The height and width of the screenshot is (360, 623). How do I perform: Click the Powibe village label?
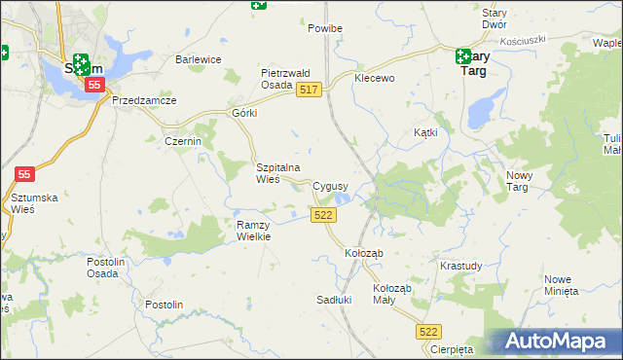[x=325, y=29]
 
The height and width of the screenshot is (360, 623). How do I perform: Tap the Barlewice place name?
[x=199, y=59]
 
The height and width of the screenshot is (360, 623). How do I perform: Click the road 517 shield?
[x=310, y=90]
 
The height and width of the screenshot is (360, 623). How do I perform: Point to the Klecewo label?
[x=375, y=78]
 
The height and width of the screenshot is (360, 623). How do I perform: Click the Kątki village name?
[x=425, y=131]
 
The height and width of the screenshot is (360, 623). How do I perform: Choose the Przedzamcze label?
[x=143, y=100]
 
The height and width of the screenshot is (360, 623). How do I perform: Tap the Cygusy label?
[x=330, y=185]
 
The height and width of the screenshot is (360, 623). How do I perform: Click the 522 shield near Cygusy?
[x=324, y=215]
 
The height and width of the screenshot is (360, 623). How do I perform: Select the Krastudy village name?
[x=460, y=266]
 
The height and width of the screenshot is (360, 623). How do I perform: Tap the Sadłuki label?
[x=334, y=300]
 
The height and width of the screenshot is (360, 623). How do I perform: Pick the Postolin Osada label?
[x=102, y=268]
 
